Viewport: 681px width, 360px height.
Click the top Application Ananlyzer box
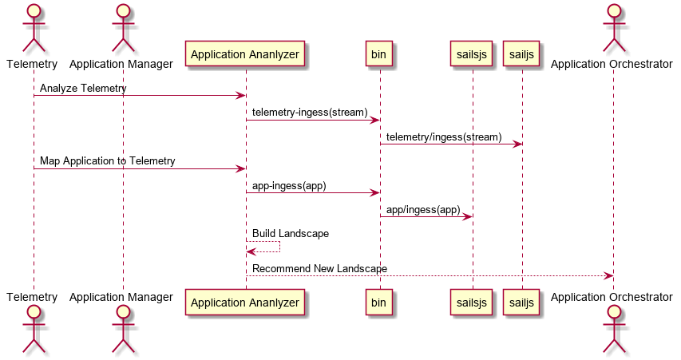[x=245, y=53]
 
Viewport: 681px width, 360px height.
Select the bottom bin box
[x=378, y=303]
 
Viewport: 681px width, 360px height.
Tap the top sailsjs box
[x=471, y=53]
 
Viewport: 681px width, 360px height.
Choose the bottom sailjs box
[x=521, y=303]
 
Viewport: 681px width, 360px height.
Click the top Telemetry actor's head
[x=34, y=10]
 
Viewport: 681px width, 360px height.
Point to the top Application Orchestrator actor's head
[x=614, y=10]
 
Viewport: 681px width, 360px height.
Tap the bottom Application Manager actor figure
[x=123, y=329]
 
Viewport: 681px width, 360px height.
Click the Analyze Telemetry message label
[x=83, y=88]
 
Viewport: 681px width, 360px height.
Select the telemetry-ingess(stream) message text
[x=310, y=113]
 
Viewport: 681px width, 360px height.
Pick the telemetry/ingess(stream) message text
[x=444, y=137]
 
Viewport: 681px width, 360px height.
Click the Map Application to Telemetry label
[x=107, y=161]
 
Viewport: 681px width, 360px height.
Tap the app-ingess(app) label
[x=289, y=186]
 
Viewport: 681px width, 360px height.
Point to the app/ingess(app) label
[x=423, y=210]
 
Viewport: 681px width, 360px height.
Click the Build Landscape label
[x=291, y=234]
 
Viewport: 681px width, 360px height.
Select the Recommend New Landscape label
[x=319, y=269]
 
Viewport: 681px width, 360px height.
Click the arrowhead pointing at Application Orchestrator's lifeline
[x=608, y=275]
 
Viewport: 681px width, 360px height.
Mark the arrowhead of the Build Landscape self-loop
[x=251, y=252]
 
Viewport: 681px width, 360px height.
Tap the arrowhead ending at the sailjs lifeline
[x=517, y=144]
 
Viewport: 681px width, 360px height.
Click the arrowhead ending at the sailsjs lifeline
[x=467, y=216]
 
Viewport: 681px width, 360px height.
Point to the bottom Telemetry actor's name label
[x=32, y=297]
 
